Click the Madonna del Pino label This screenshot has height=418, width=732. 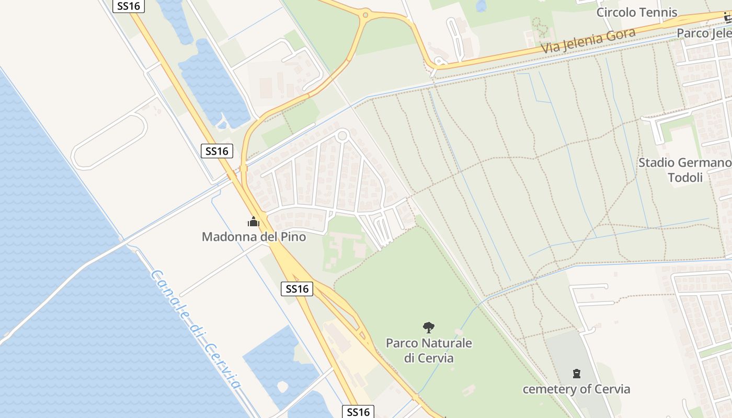coord(254,237)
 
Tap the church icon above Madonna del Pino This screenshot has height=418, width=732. coord(254,222)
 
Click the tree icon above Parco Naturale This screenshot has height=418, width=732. coord(429,328)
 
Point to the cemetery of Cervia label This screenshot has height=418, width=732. coord(576,389)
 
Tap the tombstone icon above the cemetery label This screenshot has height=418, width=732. coord(576,374)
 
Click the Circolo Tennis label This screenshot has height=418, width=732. coord(636,13)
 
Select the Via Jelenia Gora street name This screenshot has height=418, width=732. coord(588,41)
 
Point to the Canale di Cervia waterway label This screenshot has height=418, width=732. coord(195,329)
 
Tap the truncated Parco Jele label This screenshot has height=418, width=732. coord(704,33)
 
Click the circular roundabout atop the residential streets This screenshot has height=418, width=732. coord(342,136)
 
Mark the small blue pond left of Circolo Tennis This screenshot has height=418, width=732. coord(481,5)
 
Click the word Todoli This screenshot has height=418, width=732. coord(685,178)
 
